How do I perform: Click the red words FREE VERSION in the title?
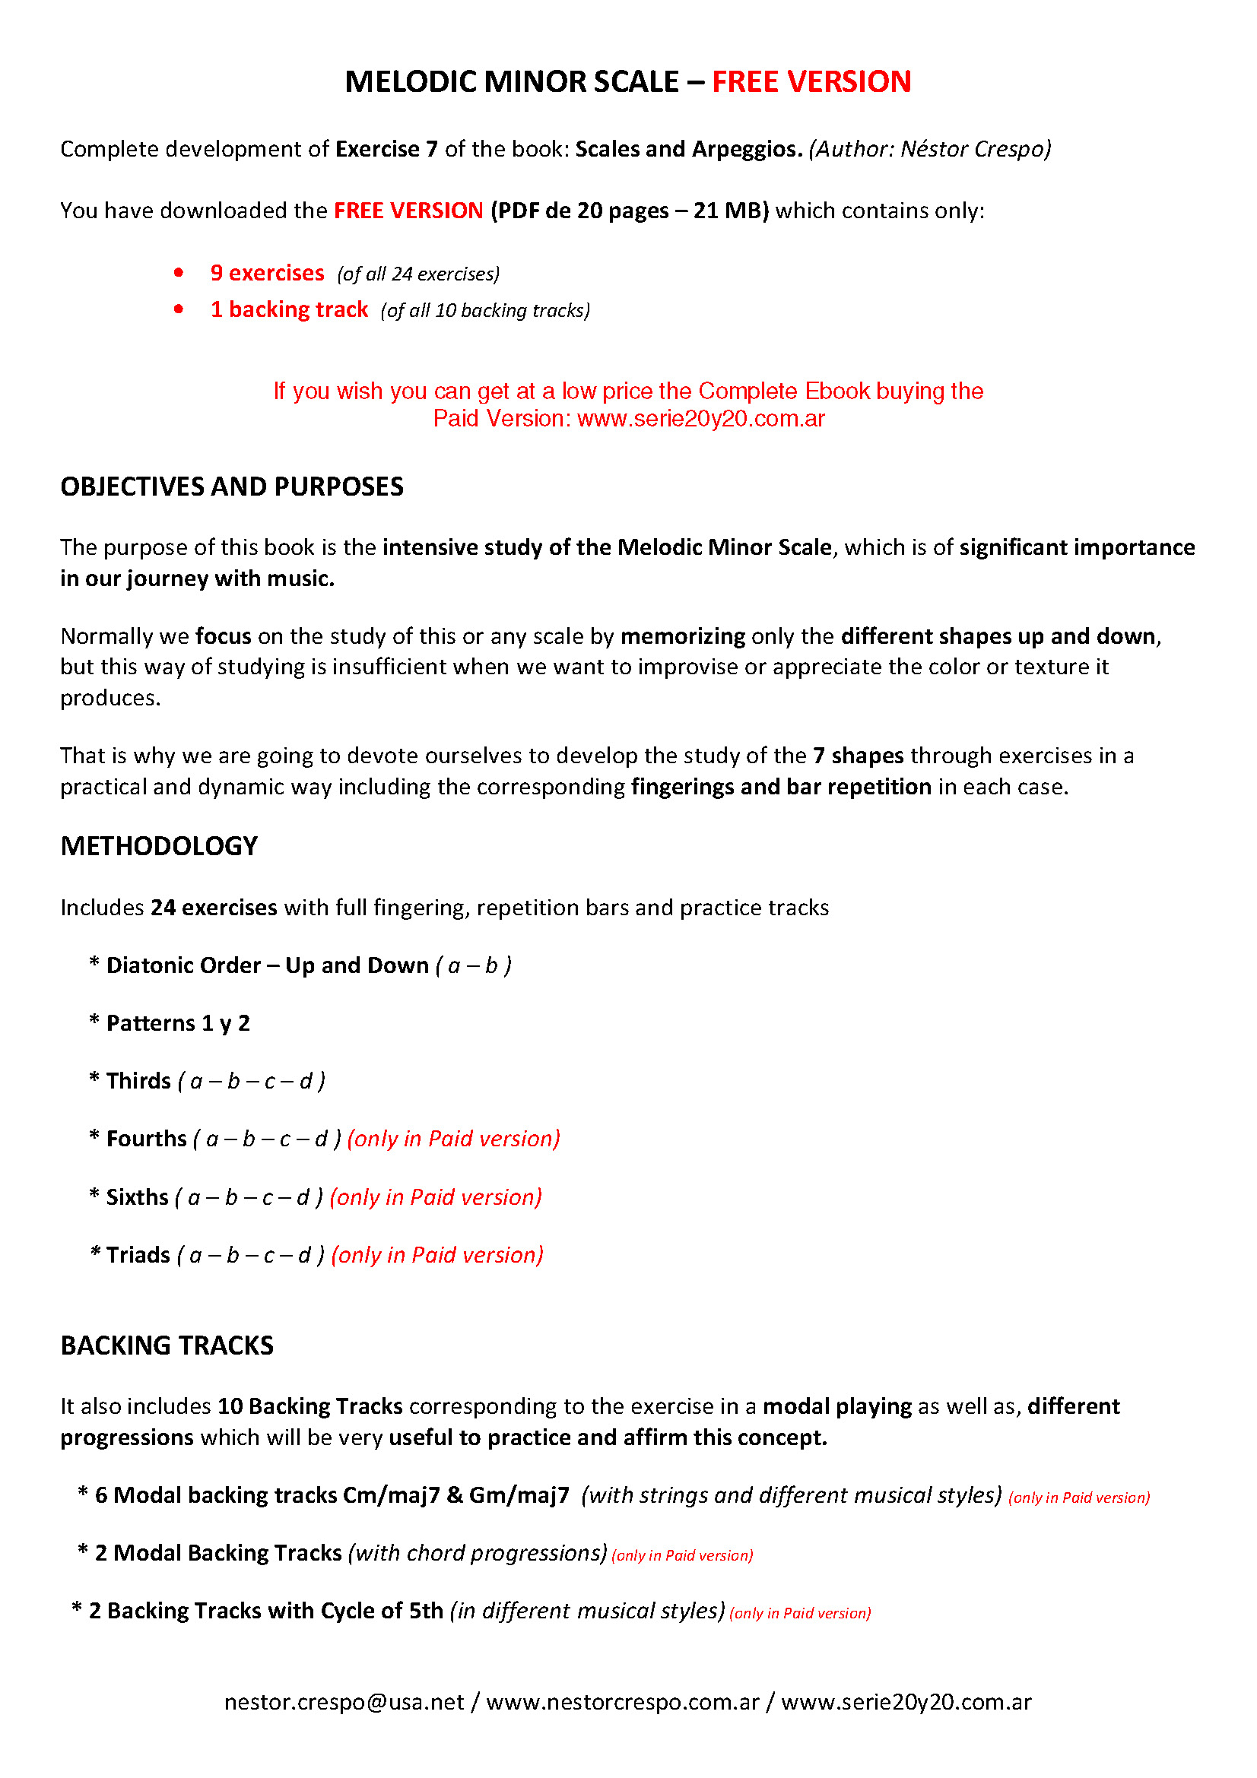pos(811,82)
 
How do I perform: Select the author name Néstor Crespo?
pos(975,149)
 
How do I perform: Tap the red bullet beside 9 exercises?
pos(179,273)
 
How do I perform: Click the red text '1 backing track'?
pos(289,309)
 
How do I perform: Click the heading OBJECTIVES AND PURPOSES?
pos(232,486)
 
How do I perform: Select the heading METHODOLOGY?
pos(159,845)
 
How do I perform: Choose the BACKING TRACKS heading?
pos(167,1345)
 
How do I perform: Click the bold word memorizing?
pos(682,636)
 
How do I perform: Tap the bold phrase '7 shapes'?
pos(858,756)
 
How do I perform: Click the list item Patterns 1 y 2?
pos(177,1023)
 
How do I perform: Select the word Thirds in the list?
pos(138,1081)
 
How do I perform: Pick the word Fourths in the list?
pos(146,1139)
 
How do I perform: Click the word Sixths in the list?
pos(137,1197)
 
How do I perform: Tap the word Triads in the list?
pos(138,1255)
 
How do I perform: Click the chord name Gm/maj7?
pos(519,1495)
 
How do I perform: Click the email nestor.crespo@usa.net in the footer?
pos(344,1702)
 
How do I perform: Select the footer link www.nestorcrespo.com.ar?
pos(623,1702)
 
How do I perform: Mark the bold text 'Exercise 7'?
pos(386,149)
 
